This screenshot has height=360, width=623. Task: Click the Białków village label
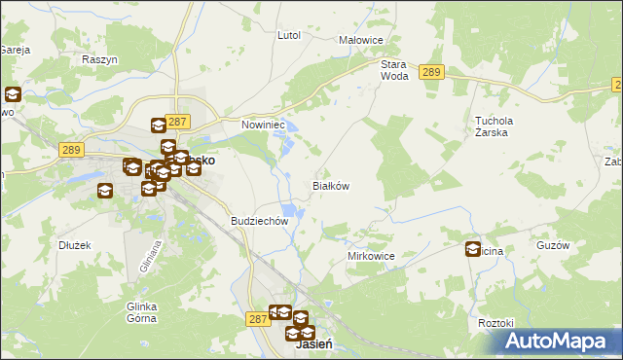[330, 185]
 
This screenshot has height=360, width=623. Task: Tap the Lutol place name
[289, 35]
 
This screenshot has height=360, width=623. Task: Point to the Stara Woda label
[394, 69]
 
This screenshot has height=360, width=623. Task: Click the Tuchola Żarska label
[492, 127]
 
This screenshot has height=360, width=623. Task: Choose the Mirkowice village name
[371, 256]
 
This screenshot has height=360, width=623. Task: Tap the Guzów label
[552, 245]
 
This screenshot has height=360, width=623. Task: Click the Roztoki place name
[495, 322]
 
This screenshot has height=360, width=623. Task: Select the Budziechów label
[260, 221]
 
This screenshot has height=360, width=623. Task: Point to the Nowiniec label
[262, 125]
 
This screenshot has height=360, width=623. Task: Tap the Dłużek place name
[75, 245]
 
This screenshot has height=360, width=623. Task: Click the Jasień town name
[309, 346]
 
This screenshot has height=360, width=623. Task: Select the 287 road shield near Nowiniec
[176, 121]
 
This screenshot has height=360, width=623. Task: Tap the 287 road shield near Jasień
[257, 318]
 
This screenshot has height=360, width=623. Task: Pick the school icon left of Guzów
[474, 248]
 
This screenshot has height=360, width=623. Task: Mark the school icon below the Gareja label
[13, 95]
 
